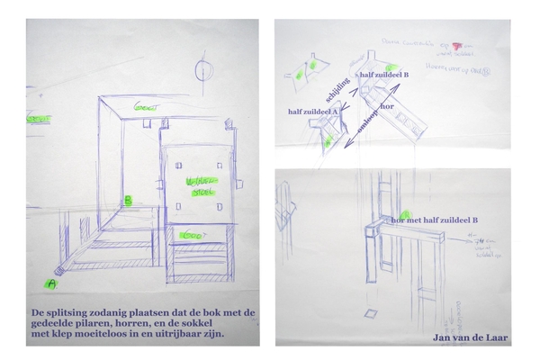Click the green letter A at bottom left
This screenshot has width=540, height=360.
[x=50, y=283]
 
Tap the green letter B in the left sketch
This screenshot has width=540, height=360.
[x=128, y=200]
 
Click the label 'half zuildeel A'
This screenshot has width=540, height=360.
[x=312, y=111]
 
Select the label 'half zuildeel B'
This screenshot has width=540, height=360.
[x=385, y=75]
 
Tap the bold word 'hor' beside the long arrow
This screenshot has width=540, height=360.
[x=387, y=106]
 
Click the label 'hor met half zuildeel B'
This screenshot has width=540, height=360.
[x=435, y=220]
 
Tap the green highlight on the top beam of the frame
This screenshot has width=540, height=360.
[x=144, y=105]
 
